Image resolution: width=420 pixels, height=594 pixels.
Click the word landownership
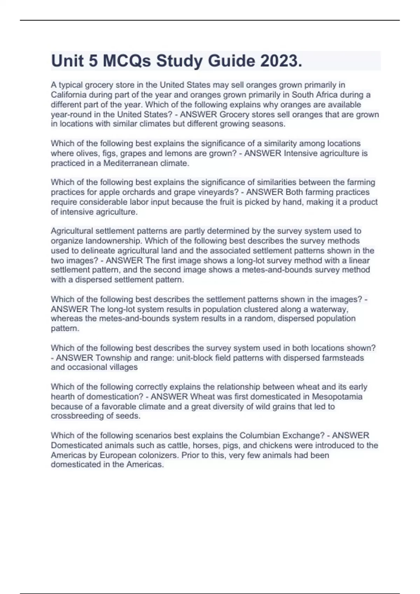[106, 241]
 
